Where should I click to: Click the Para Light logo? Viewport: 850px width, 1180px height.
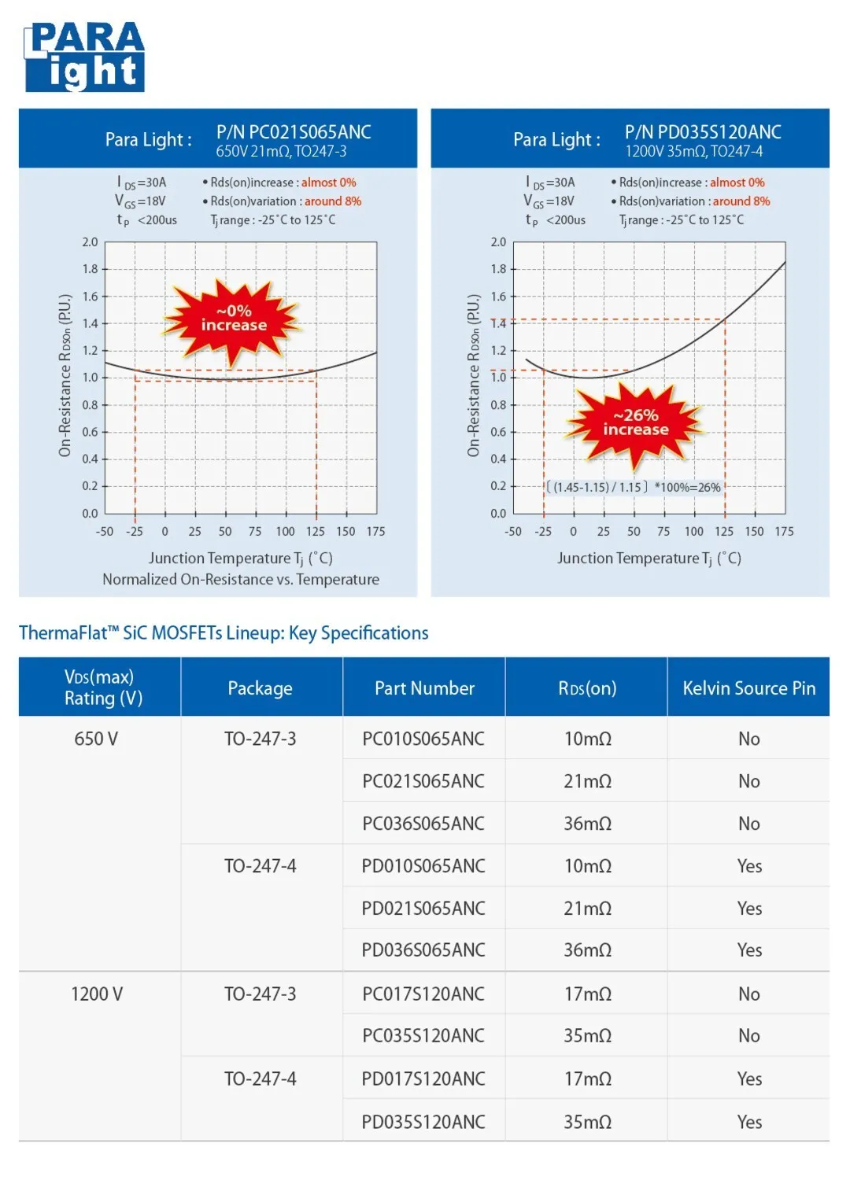tap(84, 57)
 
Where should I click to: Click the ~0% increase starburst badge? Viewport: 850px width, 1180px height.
tap(233, 319)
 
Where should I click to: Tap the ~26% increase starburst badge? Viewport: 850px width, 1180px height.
tap(635, 422)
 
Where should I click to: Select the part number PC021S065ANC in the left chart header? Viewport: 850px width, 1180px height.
tap(294, 131)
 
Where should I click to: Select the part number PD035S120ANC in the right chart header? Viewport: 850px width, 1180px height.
tap(703, 131)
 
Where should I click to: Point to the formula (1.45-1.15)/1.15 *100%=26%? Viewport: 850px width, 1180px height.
tap(634, 487)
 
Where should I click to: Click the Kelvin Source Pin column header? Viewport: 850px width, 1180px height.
tap(748, 688)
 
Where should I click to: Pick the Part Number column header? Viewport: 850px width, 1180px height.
tap(424, 688)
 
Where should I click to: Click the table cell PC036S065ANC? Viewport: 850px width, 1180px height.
tap(423, 824)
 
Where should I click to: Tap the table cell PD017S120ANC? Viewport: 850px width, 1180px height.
tap(423, 1079)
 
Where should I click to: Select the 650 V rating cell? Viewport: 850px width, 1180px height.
tap(96, 739)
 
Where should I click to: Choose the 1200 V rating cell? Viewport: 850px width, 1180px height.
tap(97, 994)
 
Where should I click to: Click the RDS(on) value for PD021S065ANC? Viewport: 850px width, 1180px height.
tap(587, 909)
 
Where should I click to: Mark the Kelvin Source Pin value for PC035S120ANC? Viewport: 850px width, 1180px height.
tap(748, 1036)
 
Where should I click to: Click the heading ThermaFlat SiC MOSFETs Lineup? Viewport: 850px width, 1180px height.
tap(224, 633)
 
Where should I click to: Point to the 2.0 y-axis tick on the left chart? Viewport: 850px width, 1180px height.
tap(91, 242)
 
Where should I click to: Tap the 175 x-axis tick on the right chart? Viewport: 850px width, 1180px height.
tap(784, 532)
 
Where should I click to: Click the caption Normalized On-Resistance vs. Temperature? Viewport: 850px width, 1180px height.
tap(241, 580)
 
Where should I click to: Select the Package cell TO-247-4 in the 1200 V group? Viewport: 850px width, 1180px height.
tap(261, 1079)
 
